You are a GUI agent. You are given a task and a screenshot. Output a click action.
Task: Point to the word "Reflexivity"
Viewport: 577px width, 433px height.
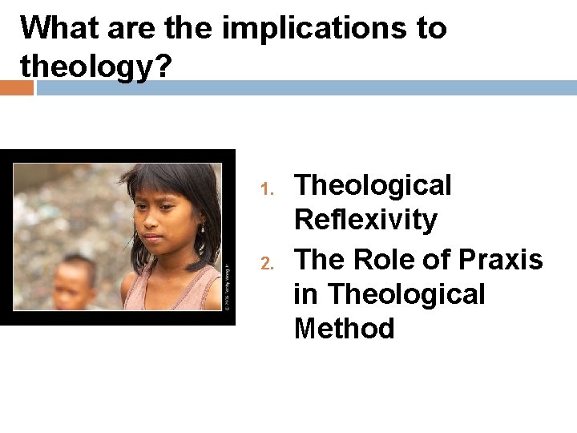[365, 219]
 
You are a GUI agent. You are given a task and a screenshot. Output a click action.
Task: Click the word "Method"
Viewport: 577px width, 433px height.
[344, 329]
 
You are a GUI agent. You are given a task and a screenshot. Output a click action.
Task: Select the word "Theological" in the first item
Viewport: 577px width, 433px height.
[373, 185]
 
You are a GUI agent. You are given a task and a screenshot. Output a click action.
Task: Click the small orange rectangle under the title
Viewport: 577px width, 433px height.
[17, 87]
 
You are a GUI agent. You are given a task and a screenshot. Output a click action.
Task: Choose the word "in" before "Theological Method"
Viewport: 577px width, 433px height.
[305, 294]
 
